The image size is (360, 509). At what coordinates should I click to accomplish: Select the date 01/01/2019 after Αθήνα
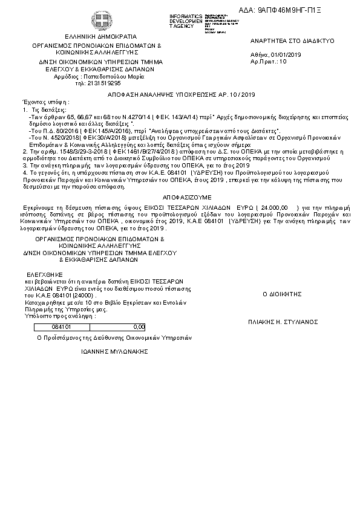[287, 55]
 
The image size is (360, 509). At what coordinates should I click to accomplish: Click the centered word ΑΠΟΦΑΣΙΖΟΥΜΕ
[180, 197]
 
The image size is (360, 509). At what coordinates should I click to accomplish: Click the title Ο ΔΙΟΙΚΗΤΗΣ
[281, 293]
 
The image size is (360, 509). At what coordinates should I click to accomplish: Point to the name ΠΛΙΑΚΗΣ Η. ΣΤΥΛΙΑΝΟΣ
[283, 323]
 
